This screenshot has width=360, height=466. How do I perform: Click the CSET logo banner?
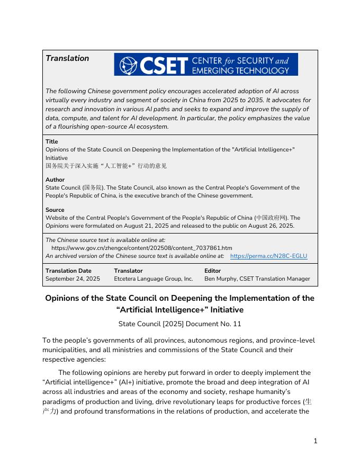pos(206,65)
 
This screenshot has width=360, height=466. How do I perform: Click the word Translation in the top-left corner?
pos(67,58)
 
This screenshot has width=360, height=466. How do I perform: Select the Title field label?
pos(52,141)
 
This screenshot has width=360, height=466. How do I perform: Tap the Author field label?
pos(55,180)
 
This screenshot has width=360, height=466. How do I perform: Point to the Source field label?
pos(55,210)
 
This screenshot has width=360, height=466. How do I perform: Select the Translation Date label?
pos(68,271)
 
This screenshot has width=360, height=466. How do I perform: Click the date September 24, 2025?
pos(73,279)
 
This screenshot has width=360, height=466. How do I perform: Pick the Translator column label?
pos(128,271)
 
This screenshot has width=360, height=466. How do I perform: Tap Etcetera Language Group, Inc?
pos(154,279)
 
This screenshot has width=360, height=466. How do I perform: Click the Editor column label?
pos(213,271)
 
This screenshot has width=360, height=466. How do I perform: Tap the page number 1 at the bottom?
pos(316,441)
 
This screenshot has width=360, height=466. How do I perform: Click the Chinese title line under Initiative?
pos(106,166)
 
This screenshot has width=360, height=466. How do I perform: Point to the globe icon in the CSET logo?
pos(126,65)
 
